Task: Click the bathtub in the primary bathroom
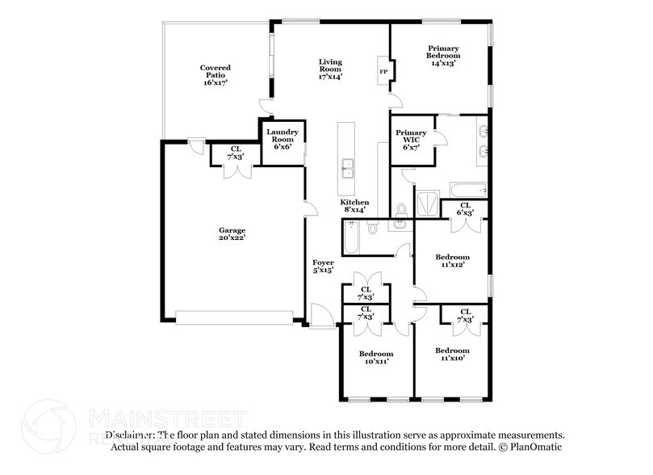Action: click(x=467, y=189)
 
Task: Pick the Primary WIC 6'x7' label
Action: click(x=411, y=139)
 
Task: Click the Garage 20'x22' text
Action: click(x=232, y=233)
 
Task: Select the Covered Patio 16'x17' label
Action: click(x=216, y=74)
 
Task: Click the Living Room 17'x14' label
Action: click(x=329, y=69)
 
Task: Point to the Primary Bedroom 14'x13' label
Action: click(x=442, y=56)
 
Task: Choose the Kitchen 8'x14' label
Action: click(x=354, y=205)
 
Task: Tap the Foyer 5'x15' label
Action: click(x=323, y=267)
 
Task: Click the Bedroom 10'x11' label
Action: click(x=376, y=358)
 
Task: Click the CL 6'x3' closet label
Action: click(x=465, y=209)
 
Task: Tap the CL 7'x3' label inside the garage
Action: click(x=236, y=153)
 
